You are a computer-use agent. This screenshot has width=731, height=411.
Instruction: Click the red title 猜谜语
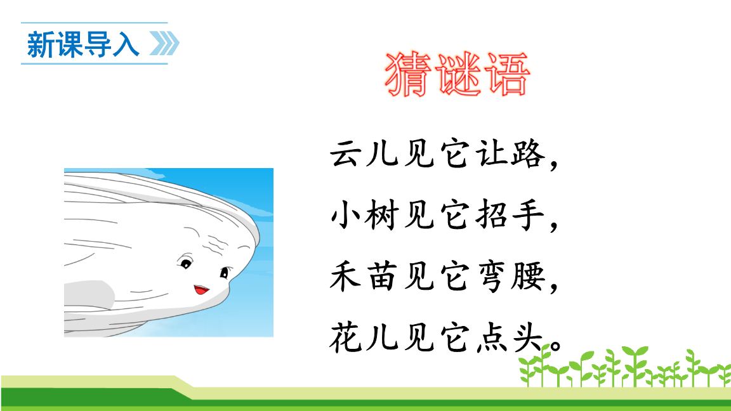coord(457,75)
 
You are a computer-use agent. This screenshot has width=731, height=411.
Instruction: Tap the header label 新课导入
coord(82,44)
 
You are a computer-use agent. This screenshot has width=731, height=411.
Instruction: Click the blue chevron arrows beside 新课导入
coord(164,44)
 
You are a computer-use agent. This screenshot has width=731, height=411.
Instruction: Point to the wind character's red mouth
coord(201,289)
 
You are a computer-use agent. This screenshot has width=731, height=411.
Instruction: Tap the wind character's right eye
coord(223,273)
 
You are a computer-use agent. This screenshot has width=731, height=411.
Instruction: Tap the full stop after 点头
coord(556,346)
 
